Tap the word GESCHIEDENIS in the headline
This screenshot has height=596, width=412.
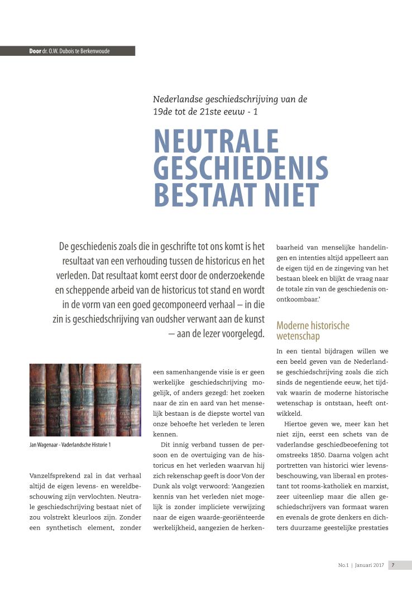coord(241,168)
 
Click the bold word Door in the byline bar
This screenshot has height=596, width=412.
coord(35,51)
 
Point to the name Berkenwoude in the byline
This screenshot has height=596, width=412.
coord(93,51)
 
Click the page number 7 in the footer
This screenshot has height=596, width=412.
coord(393,565)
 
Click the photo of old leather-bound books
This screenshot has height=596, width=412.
coord(85,400)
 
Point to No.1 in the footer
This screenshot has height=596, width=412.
coord(343,565)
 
